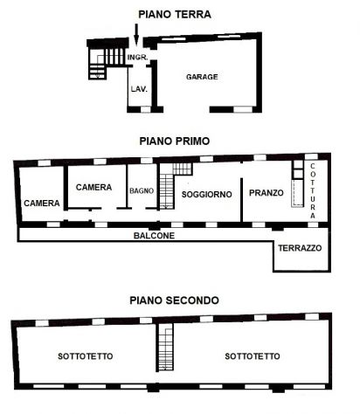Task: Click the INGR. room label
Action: pyautogui.click(x=136, y=59)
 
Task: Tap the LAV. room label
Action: pyautogui.click(x=138, y=89)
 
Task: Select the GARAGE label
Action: pyautogui.click(x=202, y=77)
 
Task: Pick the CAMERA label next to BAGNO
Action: pyautogui.click(x=93, y=187)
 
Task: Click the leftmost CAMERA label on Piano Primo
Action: pyautogui.click(x=42, y=204)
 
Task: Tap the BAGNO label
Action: pyautogui.click(x=141, y=191)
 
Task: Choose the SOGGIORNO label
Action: pyautogui.click(x=207, y=194)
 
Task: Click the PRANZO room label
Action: pyautogui.click(x=264, y=193)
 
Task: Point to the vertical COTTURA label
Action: pyautogui.click(x=313, y=190)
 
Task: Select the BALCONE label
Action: pyautogui.click(x=154, y=236)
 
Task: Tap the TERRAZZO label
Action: pyautogui.click(x=300, y=248)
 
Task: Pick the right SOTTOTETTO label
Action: pyautogui.click(x=252, y=356)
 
